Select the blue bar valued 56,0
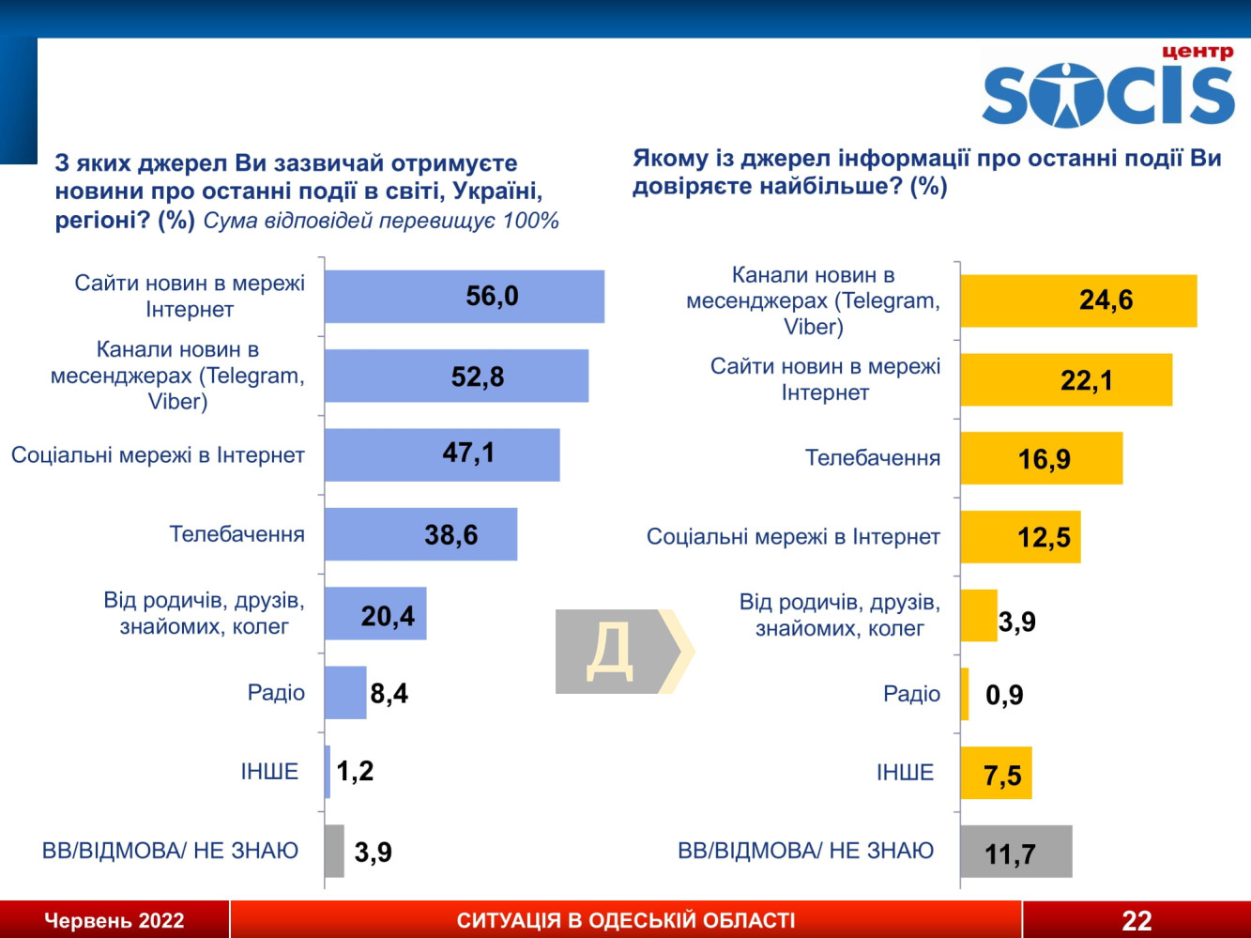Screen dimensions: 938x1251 point(464,297)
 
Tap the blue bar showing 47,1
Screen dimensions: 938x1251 point(441,455)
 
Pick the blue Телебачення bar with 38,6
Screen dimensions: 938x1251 point(420,534)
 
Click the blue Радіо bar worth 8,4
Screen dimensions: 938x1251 point(345,693)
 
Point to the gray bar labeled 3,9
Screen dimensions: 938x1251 point(334,851)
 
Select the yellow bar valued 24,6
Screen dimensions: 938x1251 point(1077,301)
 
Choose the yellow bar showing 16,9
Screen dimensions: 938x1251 point(1041,458)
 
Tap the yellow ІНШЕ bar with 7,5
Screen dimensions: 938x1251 point(996,774)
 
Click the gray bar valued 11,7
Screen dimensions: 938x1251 point(1015,852)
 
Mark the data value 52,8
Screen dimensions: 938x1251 point(478,377)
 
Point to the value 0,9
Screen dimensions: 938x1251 point(1004,696)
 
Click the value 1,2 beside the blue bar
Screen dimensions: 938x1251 point(355,772)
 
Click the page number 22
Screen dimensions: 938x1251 point(1137,920)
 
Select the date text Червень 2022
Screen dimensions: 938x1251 point(114,921)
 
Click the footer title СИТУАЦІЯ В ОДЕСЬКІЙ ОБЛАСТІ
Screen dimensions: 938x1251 point(626,920)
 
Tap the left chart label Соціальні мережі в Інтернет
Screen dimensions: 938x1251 point(158,455)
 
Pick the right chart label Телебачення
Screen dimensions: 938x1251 point(873,458)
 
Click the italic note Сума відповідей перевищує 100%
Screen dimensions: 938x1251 point(381,222)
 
